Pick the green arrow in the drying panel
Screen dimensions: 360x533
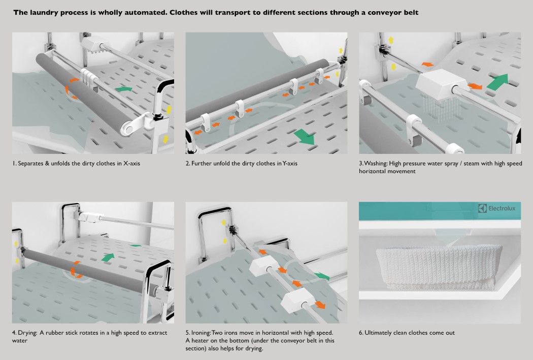pyautogui.click(x=107, y=257)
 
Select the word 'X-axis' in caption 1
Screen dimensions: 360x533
pyautogui.click(x=133, y=163)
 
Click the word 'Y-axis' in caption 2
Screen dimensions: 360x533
pyautogui.click(x=287, y=163)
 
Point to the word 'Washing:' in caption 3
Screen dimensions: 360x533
pyautogui.click(x=377, y=163)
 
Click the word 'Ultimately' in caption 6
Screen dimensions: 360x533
pyautogui.click(x=381, y=333)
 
